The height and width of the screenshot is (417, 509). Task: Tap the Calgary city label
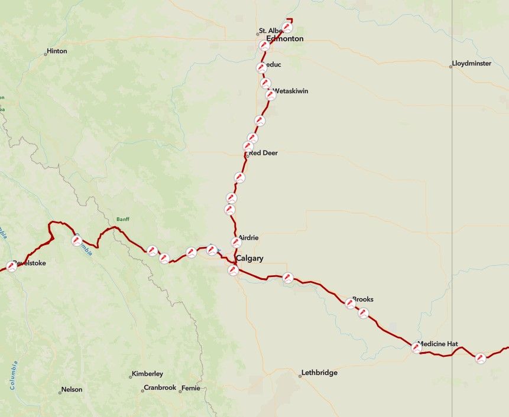249,259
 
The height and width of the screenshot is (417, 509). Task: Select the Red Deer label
263,153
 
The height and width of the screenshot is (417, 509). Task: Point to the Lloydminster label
471,63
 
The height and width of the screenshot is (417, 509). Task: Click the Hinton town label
57,51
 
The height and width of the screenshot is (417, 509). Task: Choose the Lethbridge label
319,373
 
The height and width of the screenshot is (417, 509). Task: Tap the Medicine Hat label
438,344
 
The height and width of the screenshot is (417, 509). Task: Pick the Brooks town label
363,299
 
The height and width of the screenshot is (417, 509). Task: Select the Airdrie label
248,237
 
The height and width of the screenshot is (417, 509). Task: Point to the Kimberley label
147,374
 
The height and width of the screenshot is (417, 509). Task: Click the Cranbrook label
160,388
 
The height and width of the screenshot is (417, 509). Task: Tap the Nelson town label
72,390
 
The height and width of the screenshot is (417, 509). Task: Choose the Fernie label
190,388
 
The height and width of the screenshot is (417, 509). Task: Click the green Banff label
122,219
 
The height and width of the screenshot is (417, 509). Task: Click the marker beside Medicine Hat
417,348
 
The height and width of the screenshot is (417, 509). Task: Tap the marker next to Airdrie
236,242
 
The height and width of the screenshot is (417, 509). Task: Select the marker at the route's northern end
287,27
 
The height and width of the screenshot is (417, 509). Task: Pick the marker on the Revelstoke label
11,266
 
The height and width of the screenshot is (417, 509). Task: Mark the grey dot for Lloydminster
450,66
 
